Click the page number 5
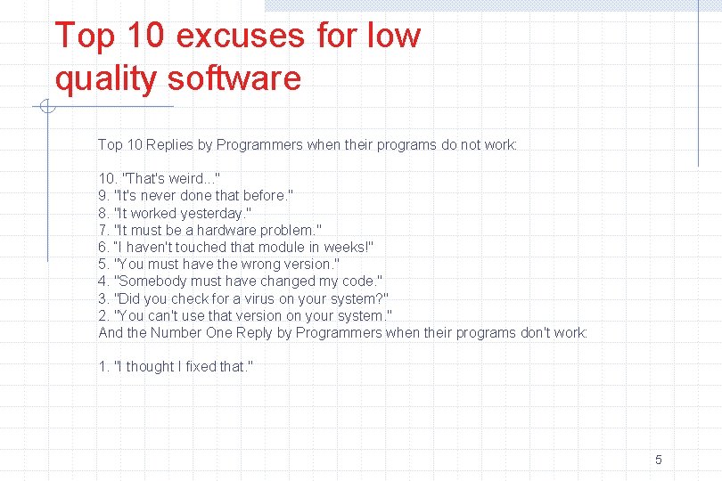click(x=658, y=460)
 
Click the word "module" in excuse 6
click(x=283, y=247)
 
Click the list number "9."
click(x=104, y=196)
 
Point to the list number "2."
click(x=104, y=315)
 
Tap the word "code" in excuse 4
click(x=361, y=281)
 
